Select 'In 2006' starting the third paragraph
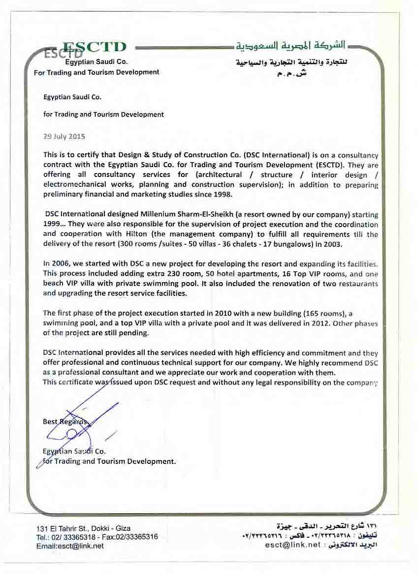[x=56, y=264]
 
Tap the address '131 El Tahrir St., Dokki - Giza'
[x=83, y=528]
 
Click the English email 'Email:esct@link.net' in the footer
[x=69, y=546]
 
